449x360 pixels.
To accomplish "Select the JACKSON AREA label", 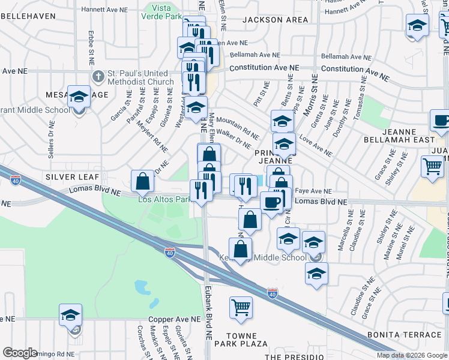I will click(267, 20).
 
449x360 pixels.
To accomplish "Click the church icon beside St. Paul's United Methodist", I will click(99, 77).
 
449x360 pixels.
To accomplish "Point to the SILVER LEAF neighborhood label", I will click(67, 178).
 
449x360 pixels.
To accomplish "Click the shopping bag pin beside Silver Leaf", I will click(143, 181).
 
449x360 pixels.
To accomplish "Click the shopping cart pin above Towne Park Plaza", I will click(241, 307).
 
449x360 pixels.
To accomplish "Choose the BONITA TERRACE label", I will click(413, 334).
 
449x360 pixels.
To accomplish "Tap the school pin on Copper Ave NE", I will click(70, 315).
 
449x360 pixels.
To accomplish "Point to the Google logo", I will click(20, 352).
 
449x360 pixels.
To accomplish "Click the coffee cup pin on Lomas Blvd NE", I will click(271, 202).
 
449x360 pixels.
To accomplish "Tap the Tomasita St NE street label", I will click(359, 102).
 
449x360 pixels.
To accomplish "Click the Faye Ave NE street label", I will click(310, 189).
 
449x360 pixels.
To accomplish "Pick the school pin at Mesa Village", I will click(79, 97).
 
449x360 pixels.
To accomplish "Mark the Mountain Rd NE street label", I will click(237, 124).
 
